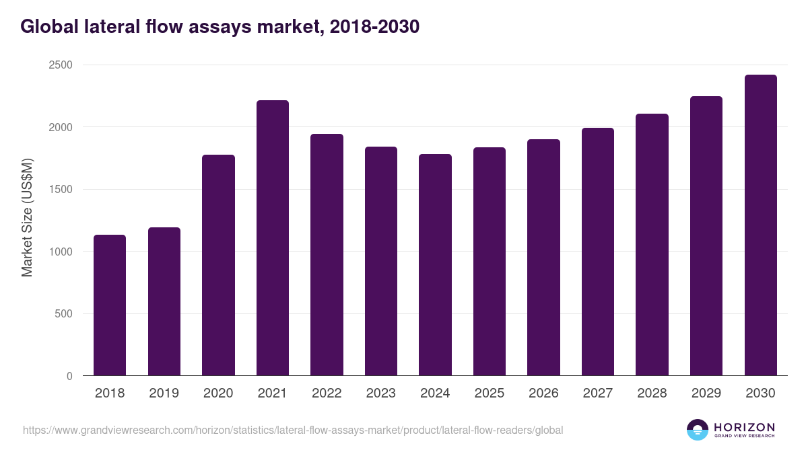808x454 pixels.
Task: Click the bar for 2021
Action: tap(272, 238)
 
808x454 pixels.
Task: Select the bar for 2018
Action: tap(110, 305)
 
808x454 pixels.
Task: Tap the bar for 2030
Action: tap(760, 225)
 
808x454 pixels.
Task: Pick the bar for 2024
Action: tap(435, 265)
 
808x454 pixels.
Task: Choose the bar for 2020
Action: tap(218, 265)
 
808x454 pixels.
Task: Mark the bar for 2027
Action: tap(598, 252)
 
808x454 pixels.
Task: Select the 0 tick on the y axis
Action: tap(69, 377)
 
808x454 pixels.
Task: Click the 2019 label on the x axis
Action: tap(164, 393)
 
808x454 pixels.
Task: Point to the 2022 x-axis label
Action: tap(327, 393)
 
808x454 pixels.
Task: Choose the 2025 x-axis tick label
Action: tap(489, 393)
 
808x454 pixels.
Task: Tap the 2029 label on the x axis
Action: tap(706, 393)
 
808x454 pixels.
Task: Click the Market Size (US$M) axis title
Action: tap(27, 217)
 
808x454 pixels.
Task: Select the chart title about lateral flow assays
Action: tap(220, 26)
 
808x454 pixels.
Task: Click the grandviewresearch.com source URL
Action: tap(293, 430)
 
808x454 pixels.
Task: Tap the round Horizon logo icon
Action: tap(698, 430)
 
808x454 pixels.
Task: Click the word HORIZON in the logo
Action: tap(744, 426)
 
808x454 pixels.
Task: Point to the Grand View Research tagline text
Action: tap(744, 437)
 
